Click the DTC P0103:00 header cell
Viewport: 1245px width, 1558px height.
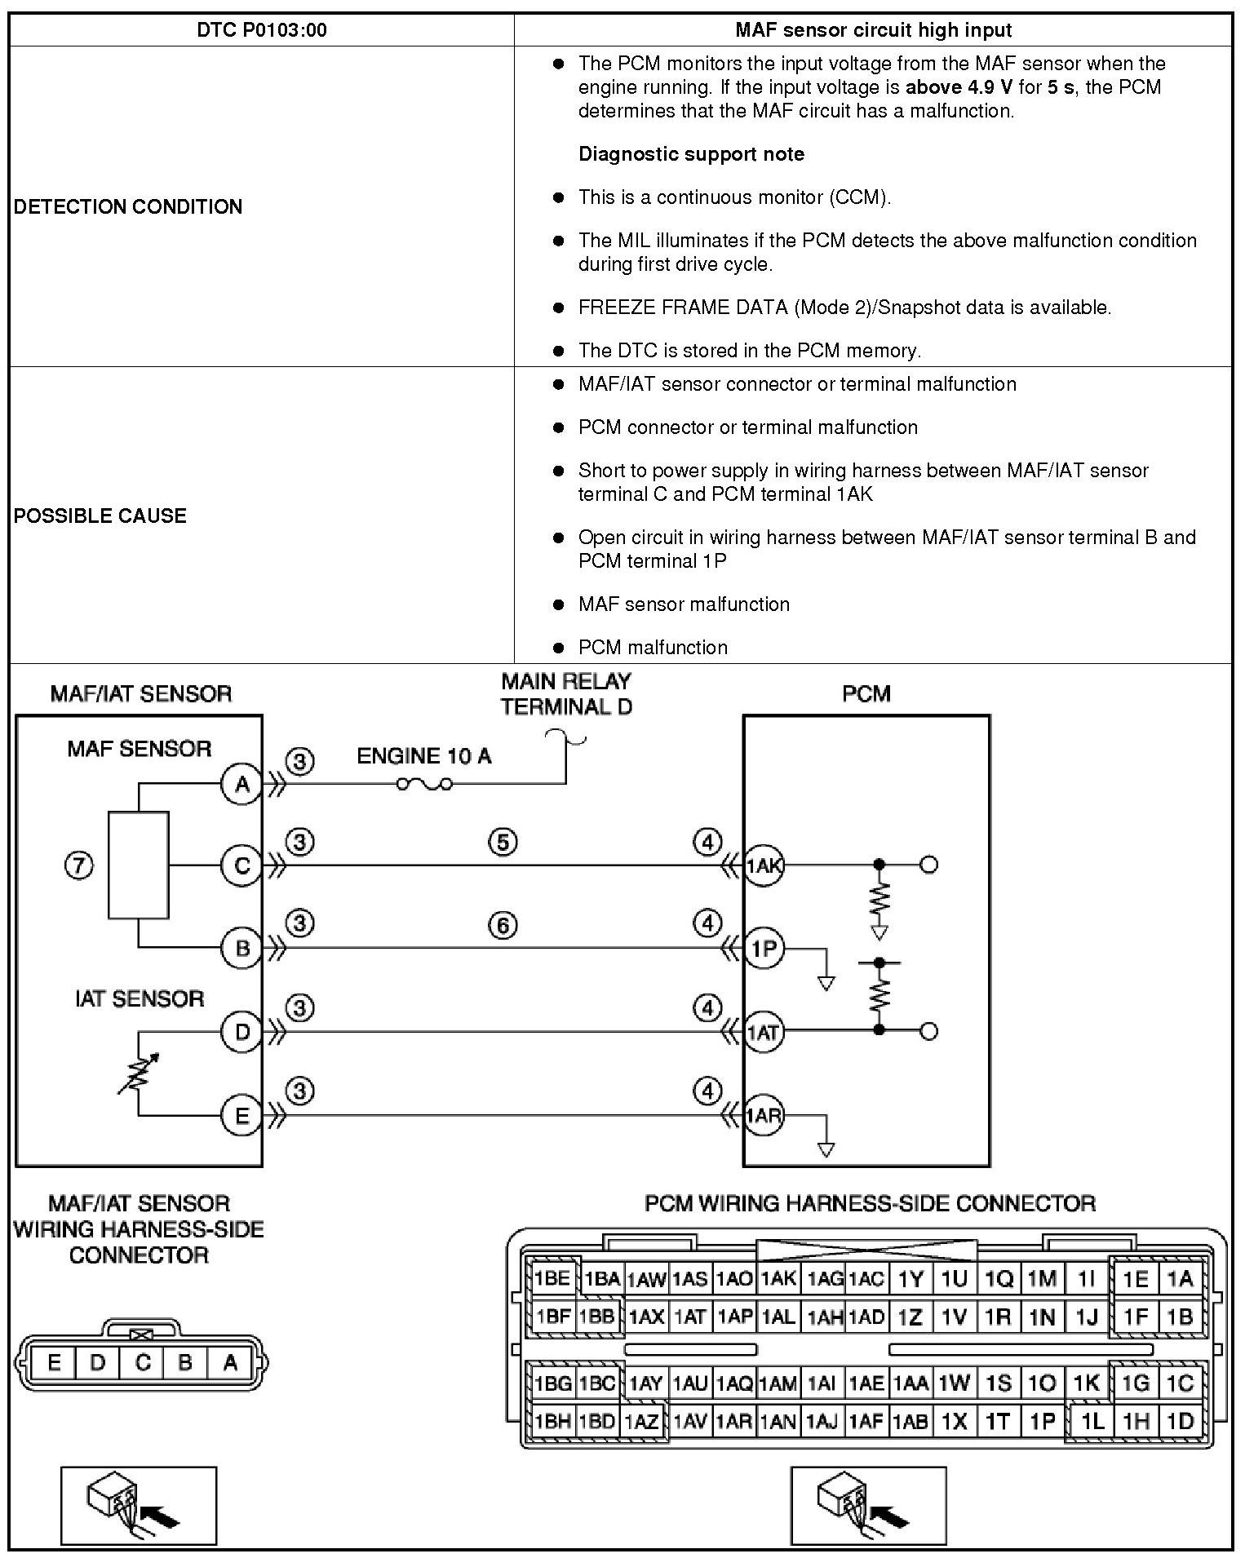click(x=262, y=30)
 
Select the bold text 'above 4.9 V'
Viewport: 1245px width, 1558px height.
click(x=959, y=87)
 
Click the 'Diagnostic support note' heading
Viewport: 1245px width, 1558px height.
click(x=691, y=154)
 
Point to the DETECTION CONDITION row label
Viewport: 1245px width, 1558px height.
click(x=128, y=206)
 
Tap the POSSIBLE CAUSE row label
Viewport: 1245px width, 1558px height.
click(x=100, y=516)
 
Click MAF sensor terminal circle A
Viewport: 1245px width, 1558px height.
click(x=241, y=785)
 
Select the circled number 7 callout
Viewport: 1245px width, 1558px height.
click(x=78, y=865)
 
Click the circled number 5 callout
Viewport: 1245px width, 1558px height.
click(x=503, y=842)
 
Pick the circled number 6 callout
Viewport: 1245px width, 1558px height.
click(x=503, y=925)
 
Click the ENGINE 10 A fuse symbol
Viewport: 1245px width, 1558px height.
click(x=424, y=785)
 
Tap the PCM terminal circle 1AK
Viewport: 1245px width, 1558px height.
click(x=764, y=865)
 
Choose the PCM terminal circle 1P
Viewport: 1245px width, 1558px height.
click(x=764, y=949)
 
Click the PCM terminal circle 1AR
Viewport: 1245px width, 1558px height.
click(x=764, y=1115)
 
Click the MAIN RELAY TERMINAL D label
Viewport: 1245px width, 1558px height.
click(x=566, y=694)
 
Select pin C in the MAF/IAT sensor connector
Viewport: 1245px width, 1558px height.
click(x=142, y=1362)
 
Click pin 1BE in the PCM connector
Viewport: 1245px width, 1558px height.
click(x=552, y=1278)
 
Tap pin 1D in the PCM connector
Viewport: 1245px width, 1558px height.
click(x=1180, y=1421)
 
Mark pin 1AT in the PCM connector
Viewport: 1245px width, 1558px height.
click(x=689, y=1317)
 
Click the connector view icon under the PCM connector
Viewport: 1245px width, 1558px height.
click(x=868, y=1506)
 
